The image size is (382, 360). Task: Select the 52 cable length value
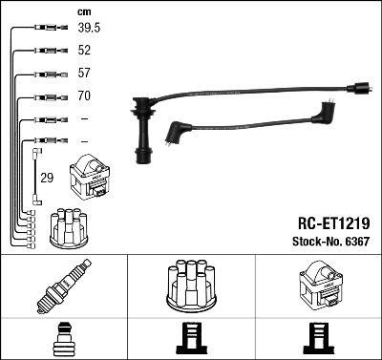(x=84, y=51)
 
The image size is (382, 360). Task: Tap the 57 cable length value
(x=84, y=74)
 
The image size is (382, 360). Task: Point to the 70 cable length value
(x=84, y=96)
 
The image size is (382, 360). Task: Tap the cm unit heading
(x=83, y=11)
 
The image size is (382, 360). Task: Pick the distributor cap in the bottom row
(x=190, y=286)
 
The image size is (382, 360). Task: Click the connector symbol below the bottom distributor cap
(x=190, y=340)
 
